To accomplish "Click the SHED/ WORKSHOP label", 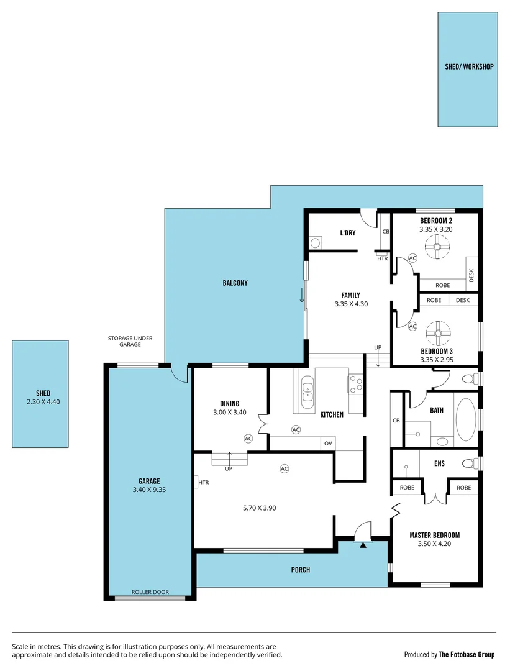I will point(469,66).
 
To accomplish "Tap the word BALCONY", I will point(235,283).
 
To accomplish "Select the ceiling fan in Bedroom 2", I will point(437,250).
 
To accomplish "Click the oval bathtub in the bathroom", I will point(465,419).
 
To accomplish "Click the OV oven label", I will point(328,444).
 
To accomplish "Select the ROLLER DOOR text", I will point(150,592).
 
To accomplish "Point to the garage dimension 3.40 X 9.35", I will point(149,490).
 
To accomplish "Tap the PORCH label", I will point(300,570).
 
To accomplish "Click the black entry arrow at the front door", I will point(363,545).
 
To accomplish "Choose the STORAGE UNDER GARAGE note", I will point(130,342).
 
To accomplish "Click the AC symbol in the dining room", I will point(248,438).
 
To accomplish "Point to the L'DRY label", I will point(347,232).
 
